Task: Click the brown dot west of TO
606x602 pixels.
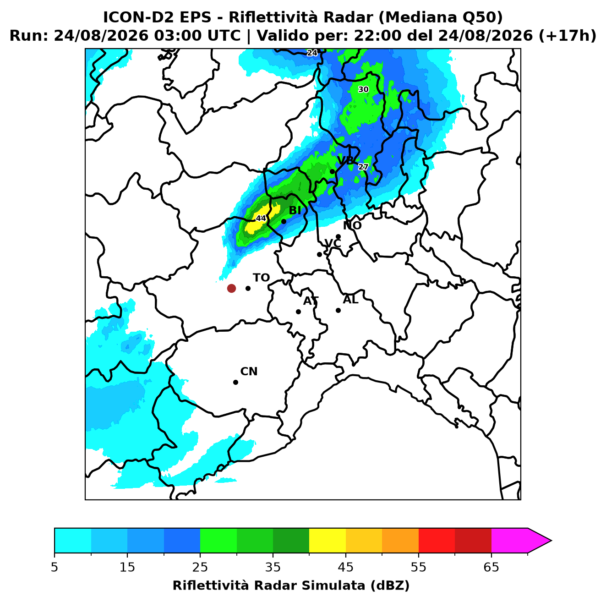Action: [x=231, y=288]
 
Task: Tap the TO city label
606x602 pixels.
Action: [x=261, y=278]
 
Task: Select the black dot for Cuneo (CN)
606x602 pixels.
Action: [x=235, y=382]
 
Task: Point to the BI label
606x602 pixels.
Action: [x=295, y=210]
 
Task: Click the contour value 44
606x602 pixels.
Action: [x=261, y=218]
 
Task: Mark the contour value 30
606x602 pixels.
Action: [x=363, y=89]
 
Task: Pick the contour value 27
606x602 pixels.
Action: [x=363, y=167]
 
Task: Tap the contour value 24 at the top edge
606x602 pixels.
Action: [x=312, y=53]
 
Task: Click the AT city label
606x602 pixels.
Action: [x=311, y=301]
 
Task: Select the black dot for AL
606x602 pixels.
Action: [x=338, y=310]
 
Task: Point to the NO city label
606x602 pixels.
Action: [x=352, y=225]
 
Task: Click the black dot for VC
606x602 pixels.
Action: [x=320, y=254]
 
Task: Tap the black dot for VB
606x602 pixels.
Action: [x=333, y=171]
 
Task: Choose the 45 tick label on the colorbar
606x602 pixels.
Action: [x=346, y=567]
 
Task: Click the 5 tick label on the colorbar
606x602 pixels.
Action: [x=55, y=567]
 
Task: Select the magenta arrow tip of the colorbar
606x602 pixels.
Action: [x=551, y=541]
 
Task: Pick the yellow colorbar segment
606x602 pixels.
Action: [x=328, y=541]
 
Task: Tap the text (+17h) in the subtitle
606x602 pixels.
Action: [x=567, y=36]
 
